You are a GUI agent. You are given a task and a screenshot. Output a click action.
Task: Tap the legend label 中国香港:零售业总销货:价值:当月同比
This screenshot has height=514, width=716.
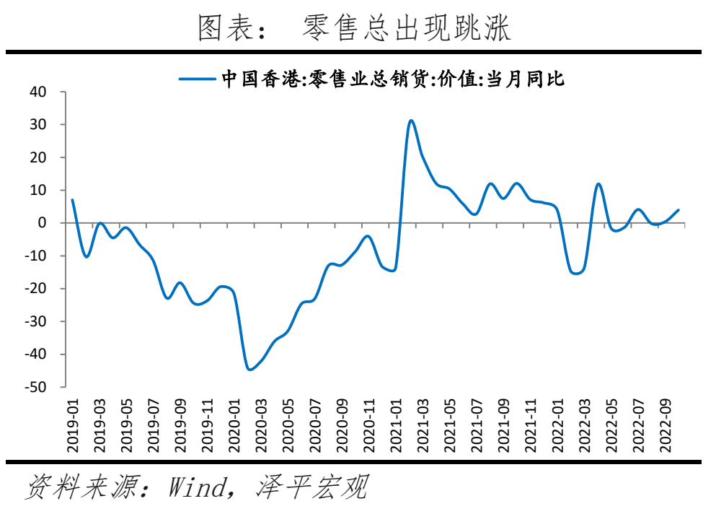[393, 79]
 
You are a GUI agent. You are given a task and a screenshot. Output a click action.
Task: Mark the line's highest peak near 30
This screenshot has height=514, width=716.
[411, 121]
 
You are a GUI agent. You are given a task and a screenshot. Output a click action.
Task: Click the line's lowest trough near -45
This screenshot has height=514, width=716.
[249, 370]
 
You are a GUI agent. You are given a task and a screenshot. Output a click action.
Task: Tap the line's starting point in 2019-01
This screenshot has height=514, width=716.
[72, 200]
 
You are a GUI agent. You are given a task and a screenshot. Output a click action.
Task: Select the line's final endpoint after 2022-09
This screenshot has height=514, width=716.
[678, 210]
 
